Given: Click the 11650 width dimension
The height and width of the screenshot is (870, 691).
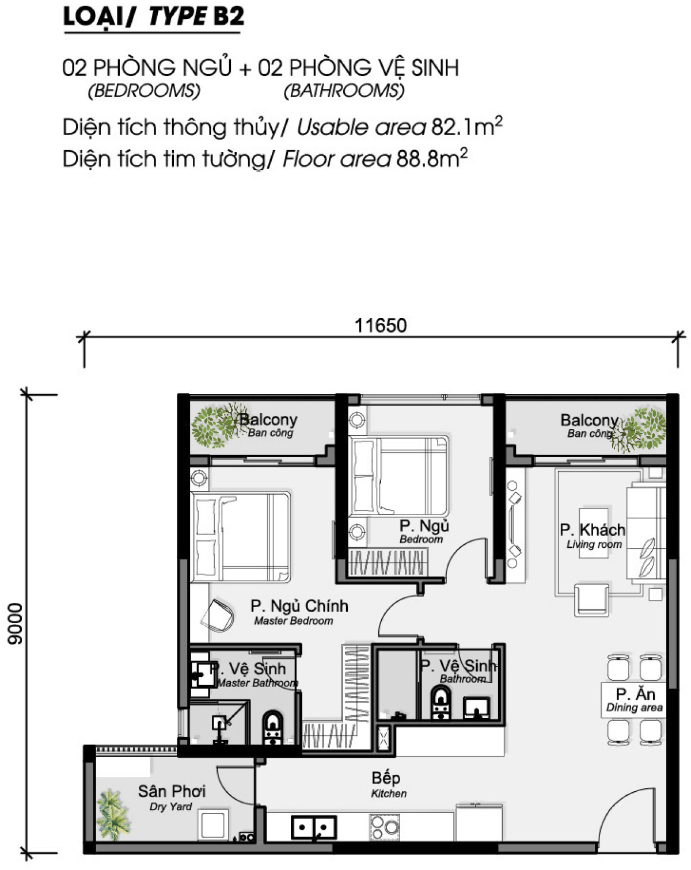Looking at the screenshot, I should tap(381, 326).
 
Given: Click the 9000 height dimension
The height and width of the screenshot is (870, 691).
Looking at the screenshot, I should tap(15, 623).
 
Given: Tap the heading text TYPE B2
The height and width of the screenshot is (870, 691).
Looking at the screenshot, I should tap(196, 17).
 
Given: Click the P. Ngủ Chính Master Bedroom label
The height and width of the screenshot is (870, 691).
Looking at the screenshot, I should tap(299, 612).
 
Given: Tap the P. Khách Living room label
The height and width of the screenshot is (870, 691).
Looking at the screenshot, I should tap(593, 535).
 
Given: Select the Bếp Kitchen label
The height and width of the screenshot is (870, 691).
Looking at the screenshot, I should tap(387, 784).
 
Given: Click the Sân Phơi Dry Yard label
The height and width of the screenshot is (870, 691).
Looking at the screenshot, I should tap(171, 797).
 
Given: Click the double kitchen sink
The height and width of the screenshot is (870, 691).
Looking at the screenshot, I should tap(314, 827).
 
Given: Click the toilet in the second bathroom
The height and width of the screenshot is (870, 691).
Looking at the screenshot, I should tap(441, 703).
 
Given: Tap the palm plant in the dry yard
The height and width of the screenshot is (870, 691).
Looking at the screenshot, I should tap(113, 812).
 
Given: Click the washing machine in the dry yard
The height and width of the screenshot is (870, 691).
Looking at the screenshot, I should tap(214, 825).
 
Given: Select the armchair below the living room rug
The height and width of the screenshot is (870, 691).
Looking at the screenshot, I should tap(591, 599).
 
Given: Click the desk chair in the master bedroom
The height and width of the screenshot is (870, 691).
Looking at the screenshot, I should tap(218, 615).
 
